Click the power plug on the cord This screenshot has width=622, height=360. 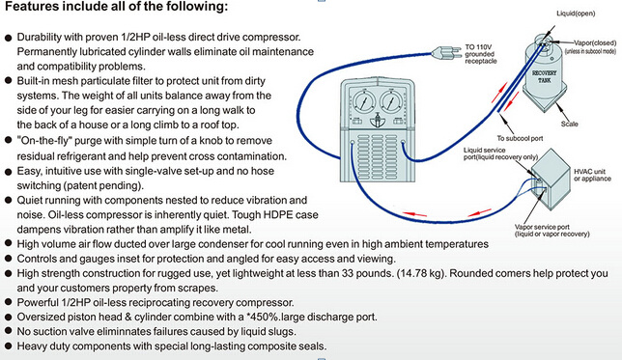click(446, 53)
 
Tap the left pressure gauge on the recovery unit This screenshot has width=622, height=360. click(363, 101)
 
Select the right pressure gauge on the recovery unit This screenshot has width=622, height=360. click(391, 101)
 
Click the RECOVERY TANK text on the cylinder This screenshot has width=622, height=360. click(545, 76)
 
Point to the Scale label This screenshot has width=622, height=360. click(569, 124)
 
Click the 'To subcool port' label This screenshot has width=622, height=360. click(520, 138)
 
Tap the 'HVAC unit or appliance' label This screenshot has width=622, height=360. click(592, 175)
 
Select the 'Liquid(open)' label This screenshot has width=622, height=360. click(576, 14)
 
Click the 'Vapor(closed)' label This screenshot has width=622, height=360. click(595, 42)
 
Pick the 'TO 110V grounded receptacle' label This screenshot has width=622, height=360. click(481, 54)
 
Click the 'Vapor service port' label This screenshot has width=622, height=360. click(542, 227)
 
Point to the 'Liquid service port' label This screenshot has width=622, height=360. click(484, 150)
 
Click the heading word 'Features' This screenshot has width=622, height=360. click(30, 7)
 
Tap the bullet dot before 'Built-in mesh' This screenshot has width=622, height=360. click(9, 81)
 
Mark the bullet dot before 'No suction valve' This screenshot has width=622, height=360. click(9, 331)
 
